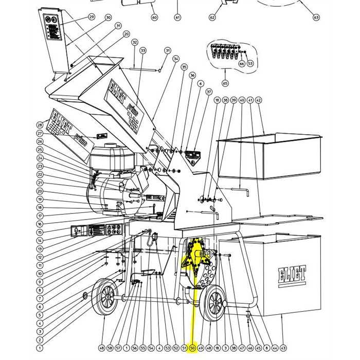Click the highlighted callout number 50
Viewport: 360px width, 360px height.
(x=192, y=348)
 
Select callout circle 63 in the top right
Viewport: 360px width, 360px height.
(x=316, y=17)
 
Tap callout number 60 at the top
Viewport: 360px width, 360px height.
(x=154, y=17)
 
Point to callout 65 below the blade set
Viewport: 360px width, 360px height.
(x=225, y=83)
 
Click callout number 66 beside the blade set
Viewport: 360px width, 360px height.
(x=241, y=64)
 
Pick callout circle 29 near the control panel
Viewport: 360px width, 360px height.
(x=92, y=17)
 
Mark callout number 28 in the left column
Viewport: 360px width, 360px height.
(x=40, y=125)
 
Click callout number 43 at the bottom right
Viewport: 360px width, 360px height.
(x=283, y=348)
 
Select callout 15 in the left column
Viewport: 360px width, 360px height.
(x=40, y=232)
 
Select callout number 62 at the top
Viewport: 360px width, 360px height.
(x=212, y=17)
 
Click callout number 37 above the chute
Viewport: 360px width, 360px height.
(x=209, y=92)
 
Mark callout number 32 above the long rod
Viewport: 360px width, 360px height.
(x=135, y=42)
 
